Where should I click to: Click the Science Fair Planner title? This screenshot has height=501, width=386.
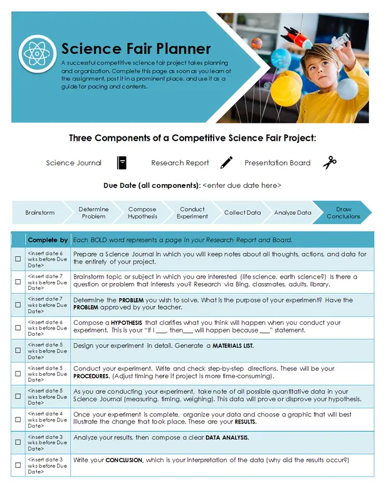coord(136,49)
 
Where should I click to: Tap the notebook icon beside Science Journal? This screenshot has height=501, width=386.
coord(122,163)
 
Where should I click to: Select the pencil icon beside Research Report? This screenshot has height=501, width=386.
coord(226,163)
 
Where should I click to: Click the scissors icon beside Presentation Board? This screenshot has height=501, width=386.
coord(330,163)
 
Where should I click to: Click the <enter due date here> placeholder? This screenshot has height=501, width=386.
coord(242,185)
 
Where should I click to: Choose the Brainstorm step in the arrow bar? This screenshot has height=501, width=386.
coord(40,213)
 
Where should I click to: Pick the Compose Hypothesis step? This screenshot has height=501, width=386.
coord(143,213)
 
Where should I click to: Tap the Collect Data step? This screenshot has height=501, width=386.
coord(243,213)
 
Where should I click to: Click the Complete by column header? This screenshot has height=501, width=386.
coord(48,240)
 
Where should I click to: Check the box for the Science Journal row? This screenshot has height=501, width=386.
coord(18,259)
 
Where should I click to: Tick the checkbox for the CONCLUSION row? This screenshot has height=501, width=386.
coord(18,465)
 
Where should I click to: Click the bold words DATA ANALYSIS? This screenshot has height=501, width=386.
coord(227,438)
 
